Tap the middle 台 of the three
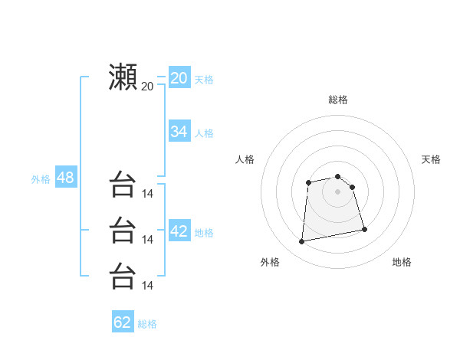123,231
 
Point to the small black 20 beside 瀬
147,86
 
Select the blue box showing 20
179,78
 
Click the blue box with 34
179,132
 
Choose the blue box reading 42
179,231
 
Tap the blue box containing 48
65,178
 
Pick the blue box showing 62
123,322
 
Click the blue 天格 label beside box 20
204,80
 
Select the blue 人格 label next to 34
204,133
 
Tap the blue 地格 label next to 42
204,233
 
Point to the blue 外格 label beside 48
41,179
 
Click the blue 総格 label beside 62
147,324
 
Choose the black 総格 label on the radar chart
338,100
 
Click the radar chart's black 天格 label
431,159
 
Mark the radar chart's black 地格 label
402,262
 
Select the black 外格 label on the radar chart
270,262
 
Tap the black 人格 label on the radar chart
245,159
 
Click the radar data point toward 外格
302,242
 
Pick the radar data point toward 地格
364,229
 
